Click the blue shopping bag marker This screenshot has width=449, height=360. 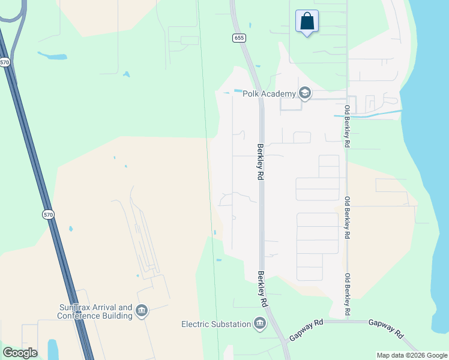[307, 22]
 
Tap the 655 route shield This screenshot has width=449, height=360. [240, 38]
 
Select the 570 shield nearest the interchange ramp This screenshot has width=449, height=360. [5, 62]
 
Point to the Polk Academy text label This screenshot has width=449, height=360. [269, 94]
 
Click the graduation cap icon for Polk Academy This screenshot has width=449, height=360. [305, 93]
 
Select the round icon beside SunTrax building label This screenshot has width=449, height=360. [142, 310]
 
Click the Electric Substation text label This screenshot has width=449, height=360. [216, 324]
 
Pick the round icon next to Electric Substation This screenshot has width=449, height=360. [260, 323]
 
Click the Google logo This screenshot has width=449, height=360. [20, 353]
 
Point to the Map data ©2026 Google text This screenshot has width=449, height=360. [412, 355]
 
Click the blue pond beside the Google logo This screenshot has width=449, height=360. [53, 349]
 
